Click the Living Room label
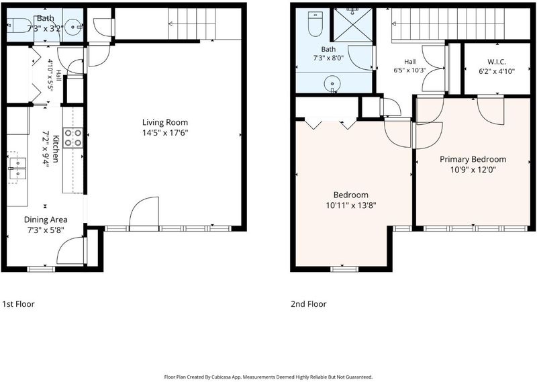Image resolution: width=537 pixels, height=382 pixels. coord(165,122)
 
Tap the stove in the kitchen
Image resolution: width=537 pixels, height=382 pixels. coord(73,138)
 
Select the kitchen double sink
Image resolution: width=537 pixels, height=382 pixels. coord(17,169)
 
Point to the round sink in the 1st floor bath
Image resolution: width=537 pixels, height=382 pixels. coord(73,26)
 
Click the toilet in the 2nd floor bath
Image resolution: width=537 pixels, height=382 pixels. coord(315,24)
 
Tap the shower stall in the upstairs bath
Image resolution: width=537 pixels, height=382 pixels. coord(353,25)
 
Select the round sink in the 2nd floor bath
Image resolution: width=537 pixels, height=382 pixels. coord(332,84)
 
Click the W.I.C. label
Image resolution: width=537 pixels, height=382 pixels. coord(497,62)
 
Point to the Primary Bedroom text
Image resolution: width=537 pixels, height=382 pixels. coord(473,159)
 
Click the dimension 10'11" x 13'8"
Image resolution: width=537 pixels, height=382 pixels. coord(351,205)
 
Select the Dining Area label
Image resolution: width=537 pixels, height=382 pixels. coord(46,220)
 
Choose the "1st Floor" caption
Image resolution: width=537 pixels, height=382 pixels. coord(19,304)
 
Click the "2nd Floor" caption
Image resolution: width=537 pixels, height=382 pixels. coord(309,304)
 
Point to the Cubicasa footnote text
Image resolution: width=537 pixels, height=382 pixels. coord(268,377)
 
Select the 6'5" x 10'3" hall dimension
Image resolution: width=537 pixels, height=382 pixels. coord(409,70)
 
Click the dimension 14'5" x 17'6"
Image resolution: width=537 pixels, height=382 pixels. coord(165,133)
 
